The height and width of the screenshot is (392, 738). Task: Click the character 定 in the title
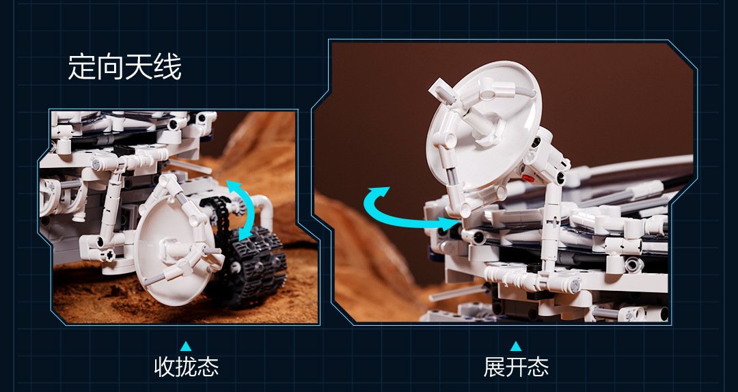click(82, 68)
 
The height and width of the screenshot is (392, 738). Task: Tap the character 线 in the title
click(167, 68)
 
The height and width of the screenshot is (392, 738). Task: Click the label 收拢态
click(187, 367)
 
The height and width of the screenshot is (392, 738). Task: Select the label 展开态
click(516, 367)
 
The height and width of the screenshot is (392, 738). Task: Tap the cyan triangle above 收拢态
click(186, 346)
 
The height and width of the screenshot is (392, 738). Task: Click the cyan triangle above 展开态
click(516, 346)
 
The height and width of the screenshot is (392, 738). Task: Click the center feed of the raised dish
click(484, 126)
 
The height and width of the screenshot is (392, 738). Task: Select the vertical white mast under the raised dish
click(551, 226)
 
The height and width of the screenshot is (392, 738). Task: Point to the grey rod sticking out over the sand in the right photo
click(451, 294)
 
